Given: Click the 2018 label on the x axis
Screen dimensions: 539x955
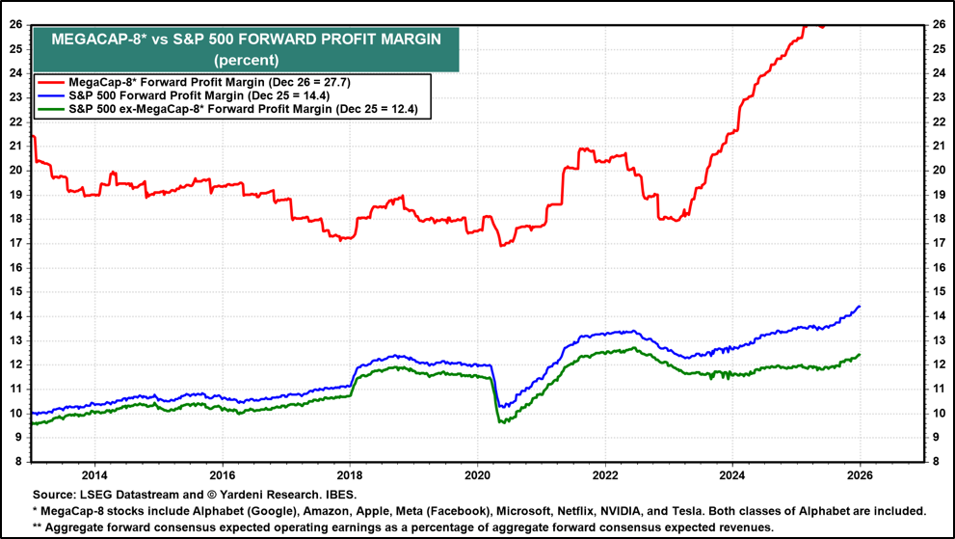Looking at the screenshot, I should click(x=350, y=474).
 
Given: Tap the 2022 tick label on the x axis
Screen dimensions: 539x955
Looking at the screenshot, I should click(x=605, y=474).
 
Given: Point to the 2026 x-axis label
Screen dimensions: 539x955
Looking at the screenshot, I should click(x=860, y=474).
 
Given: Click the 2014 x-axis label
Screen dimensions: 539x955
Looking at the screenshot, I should click(x=94, y=474).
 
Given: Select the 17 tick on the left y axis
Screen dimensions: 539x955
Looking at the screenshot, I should click(x=16, y=243).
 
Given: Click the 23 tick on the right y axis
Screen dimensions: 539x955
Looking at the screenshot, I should click(x=938, y=96).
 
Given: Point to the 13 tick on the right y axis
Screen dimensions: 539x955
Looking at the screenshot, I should click(x=938, y=340).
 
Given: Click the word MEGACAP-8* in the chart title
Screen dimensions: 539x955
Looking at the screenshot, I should click(x=92, y=40).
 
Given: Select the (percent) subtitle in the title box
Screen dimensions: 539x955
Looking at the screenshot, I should click(x=245, y=59).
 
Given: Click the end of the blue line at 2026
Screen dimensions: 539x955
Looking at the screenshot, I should click(x=859, y=307).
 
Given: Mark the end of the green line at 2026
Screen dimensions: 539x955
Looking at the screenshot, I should click(x=859, y=355).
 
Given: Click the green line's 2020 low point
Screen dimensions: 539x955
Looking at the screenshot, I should click(x=499, y=422).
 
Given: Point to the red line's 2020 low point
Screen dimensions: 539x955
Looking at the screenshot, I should click(x=501, y=246).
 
